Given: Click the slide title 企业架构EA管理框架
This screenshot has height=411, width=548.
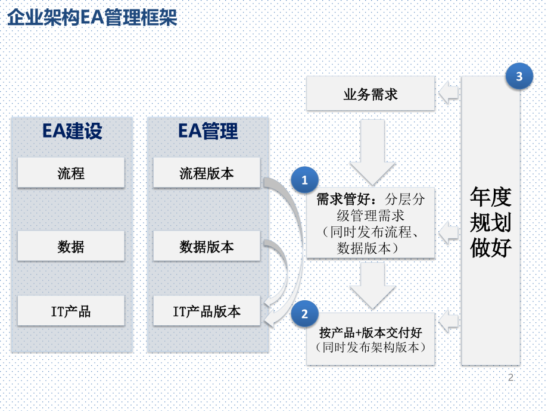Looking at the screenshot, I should (x=92, y=17).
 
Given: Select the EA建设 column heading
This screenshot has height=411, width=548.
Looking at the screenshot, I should (x=71, y=131).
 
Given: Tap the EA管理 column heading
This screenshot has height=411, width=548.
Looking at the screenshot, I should (x=207, y=131).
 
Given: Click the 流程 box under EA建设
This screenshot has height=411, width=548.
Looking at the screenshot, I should (x=71, y=173).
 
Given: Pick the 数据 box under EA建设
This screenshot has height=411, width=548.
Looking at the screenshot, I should (x=71, y=246).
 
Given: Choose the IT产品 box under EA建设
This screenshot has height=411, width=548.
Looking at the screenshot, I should (x=71, y=311).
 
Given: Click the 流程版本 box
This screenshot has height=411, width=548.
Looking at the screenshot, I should (x=207, y=173).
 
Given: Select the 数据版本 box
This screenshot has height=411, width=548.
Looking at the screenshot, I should (x=207, y=246).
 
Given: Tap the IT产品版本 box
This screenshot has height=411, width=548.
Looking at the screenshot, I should (x=207, y=311).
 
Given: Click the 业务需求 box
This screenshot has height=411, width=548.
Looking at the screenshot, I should (x=370, y=94).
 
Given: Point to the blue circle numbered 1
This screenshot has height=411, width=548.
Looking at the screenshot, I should (x=305, y=179).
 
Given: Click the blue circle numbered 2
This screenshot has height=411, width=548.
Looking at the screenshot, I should (x=305, y=313).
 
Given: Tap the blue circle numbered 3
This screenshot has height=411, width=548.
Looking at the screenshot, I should (x=519, y=76).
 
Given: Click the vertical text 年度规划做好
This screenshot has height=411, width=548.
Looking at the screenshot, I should (x=491, y=222).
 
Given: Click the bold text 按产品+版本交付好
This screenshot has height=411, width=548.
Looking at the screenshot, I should (x=370, y=332).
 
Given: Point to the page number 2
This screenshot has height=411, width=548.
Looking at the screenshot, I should (x=510, y=378).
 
